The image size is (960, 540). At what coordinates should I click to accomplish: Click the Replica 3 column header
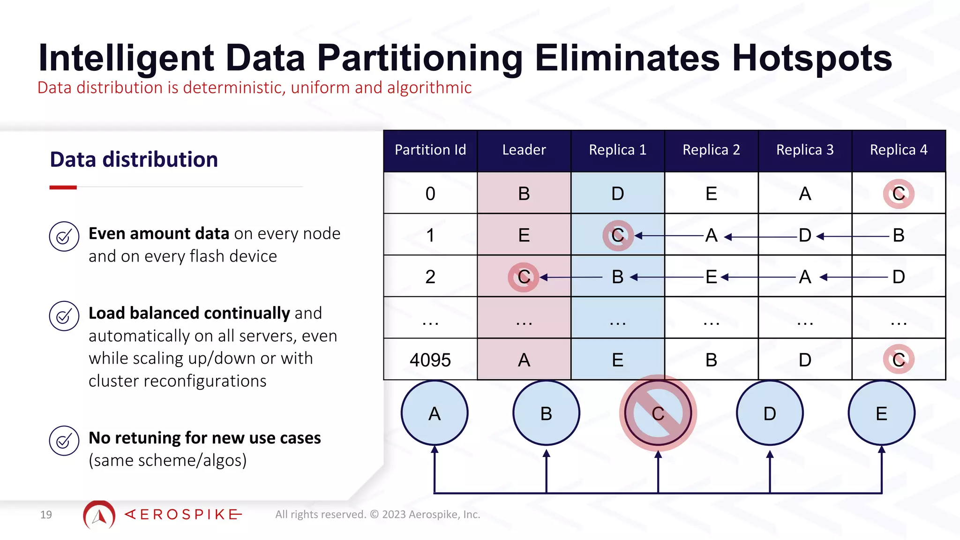click(x=805, y=150)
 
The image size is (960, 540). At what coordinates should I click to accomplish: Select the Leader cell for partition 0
click(x=524, y=193)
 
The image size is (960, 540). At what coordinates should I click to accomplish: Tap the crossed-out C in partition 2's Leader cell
click(x=524, y=277)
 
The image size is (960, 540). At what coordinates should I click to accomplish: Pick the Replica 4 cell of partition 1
click(x=899, y=235)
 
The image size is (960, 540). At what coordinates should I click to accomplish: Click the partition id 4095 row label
click(x=430, y=360)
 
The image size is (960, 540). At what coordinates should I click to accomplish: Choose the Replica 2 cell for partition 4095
click(x=711, y=360)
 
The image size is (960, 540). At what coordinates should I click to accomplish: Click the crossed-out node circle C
click(x=658, y=413)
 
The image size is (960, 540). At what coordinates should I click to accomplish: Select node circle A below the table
click(x=435, y=413)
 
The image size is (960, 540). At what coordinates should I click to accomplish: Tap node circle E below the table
click(x=881, y=413)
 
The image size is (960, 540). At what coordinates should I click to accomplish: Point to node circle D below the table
click(x=770, y=413)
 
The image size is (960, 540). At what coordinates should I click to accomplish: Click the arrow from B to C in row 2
click(x=572, y=277)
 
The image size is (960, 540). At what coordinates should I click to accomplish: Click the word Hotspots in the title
click(x=812, y=58)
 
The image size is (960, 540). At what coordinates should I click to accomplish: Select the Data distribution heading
click(x=134, y=159)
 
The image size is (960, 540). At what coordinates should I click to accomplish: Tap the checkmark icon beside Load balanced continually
click(x=64, y=316)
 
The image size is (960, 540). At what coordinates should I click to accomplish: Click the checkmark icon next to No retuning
click(x=64, y=441)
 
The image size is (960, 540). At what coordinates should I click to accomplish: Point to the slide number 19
click(x=46, y=515)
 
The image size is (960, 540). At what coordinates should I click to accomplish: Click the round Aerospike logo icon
click(x=99, y=515)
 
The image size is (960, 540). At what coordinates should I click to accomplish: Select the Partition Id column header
click(x=430, y=150)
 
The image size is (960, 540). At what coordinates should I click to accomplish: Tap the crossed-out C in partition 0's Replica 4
click(x=898, y=194)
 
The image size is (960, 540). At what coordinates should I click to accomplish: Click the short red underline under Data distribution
click(x=63, y=187)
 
